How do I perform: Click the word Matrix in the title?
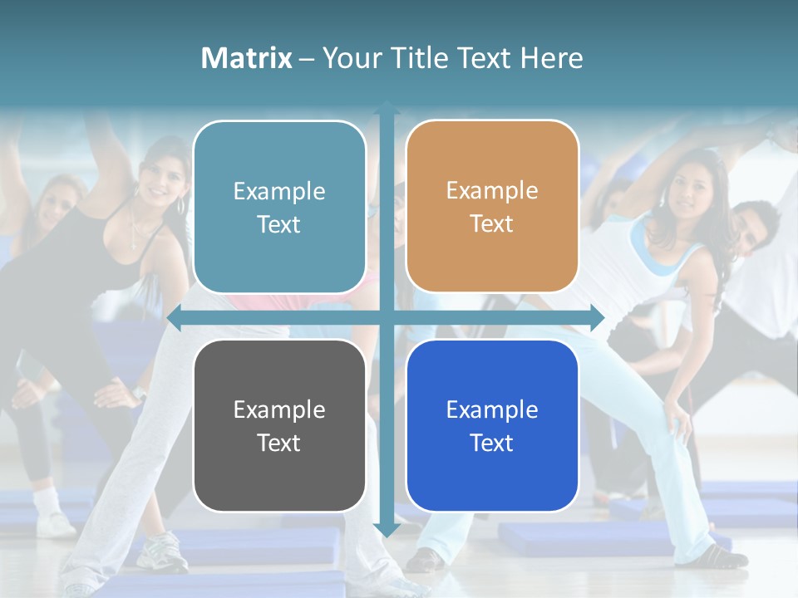247,58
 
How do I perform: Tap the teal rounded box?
279,208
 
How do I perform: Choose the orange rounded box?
492,207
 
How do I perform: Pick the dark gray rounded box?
279,425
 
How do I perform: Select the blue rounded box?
492,425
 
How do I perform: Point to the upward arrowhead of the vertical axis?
387,109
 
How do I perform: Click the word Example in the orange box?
492,190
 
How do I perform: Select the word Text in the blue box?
492,444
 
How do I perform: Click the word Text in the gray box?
279,444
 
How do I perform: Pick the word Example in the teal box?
279,191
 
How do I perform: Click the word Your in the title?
348,58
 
